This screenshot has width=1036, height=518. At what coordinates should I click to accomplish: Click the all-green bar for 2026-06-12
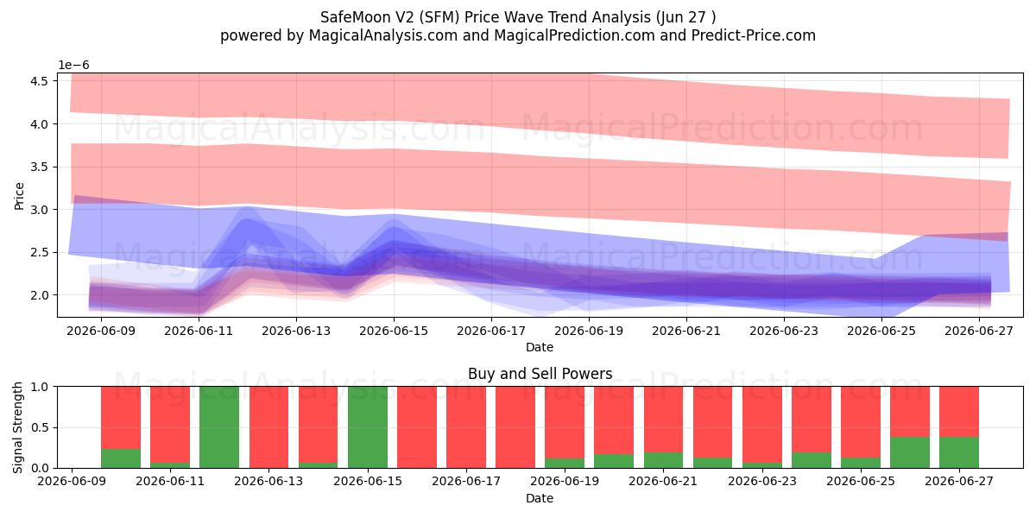[219, 426]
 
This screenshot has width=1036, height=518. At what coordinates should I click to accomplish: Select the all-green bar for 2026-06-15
[368, 426]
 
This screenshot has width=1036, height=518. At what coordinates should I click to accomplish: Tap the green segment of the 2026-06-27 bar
[959, 452]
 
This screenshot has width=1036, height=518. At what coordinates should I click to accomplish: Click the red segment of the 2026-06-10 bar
[121, 418]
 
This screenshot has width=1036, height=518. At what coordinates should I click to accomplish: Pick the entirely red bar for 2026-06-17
[466, 426]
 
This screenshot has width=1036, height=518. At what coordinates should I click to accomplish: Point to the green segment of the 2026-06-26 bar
[910, 452]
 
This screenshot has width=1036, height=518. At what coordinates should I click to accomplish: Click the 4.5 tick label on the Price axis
[39, 81]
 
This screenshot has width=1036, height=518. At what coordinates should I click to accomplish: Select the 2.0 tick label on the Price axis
[39, 295]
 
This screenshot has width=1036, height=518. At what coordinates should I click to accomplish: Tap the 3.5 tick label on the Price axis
[39, 167]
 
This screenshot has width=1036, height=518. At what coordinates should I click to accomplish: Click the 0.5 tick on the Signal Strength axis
[39, 427]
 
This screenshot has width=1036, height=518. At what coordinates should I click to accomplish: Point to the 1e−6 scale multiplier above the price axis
[73, 66]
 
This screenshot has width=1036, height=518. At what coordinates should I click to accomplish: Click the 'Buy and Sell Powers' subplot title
[540, 373]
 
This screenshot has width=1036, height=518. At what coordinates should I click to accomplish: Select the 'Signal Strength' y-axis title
[17, 427]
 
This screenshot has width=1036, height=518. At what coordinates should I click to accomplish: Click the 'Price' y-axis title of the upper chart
[19, 196]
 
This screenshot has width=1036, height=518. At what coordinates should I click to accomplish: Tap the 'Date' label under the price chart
[540, 347]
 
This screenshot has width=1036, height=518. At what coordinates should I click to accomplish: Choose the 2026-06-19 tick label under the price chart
[589, 332]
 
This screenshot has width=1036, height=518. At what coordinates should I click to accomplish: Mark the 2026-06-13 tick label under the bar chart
[268, 481]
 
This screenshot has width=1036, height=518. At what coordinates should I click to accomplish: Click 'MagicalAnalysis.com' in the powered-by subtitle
[383, 35]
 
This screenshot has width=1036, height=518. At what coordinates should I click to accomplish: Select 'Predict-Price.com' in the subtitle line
[754, 35]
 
